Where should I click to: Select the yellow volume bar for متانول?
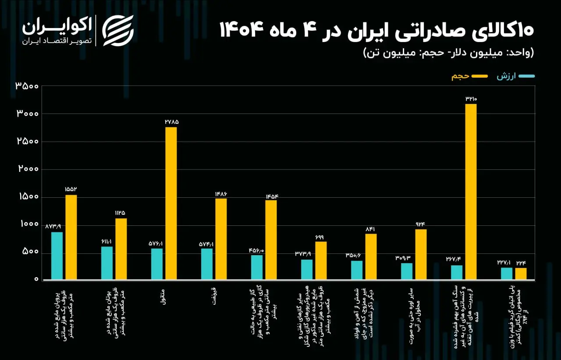pos(171,203)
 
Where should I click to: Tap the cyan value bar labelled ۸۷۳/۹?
pos(57,256)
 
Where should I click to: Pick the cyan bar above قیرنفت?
pos(207,264)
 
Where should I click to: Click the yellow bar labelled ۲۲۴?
pos(521,274)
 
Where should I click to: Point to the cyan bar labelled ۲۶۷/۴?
pos(457,272)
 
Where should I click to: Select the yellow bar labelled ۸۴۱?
pos(371,257)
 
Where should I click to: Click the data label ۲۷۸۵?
pos(171,121)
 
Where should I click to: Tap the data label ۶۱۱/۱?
pos(107,242)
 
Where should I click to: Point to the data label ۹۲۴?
pos(421,224)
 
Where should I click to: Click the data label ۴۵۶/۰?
pos(257,250)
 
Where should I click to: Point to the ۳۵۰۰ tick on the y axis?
pos(27,86)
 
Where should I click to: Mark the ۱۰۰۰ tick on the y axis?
pos(27,224)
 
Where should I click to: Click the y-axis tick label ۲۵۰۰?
pos(27,141)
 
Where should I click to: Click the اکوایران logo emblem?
pos(117,30)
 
